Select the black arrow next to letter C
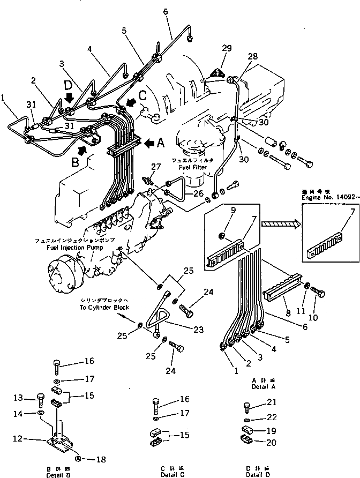130,101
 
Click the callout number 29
227,49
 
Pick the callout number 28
252,56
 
